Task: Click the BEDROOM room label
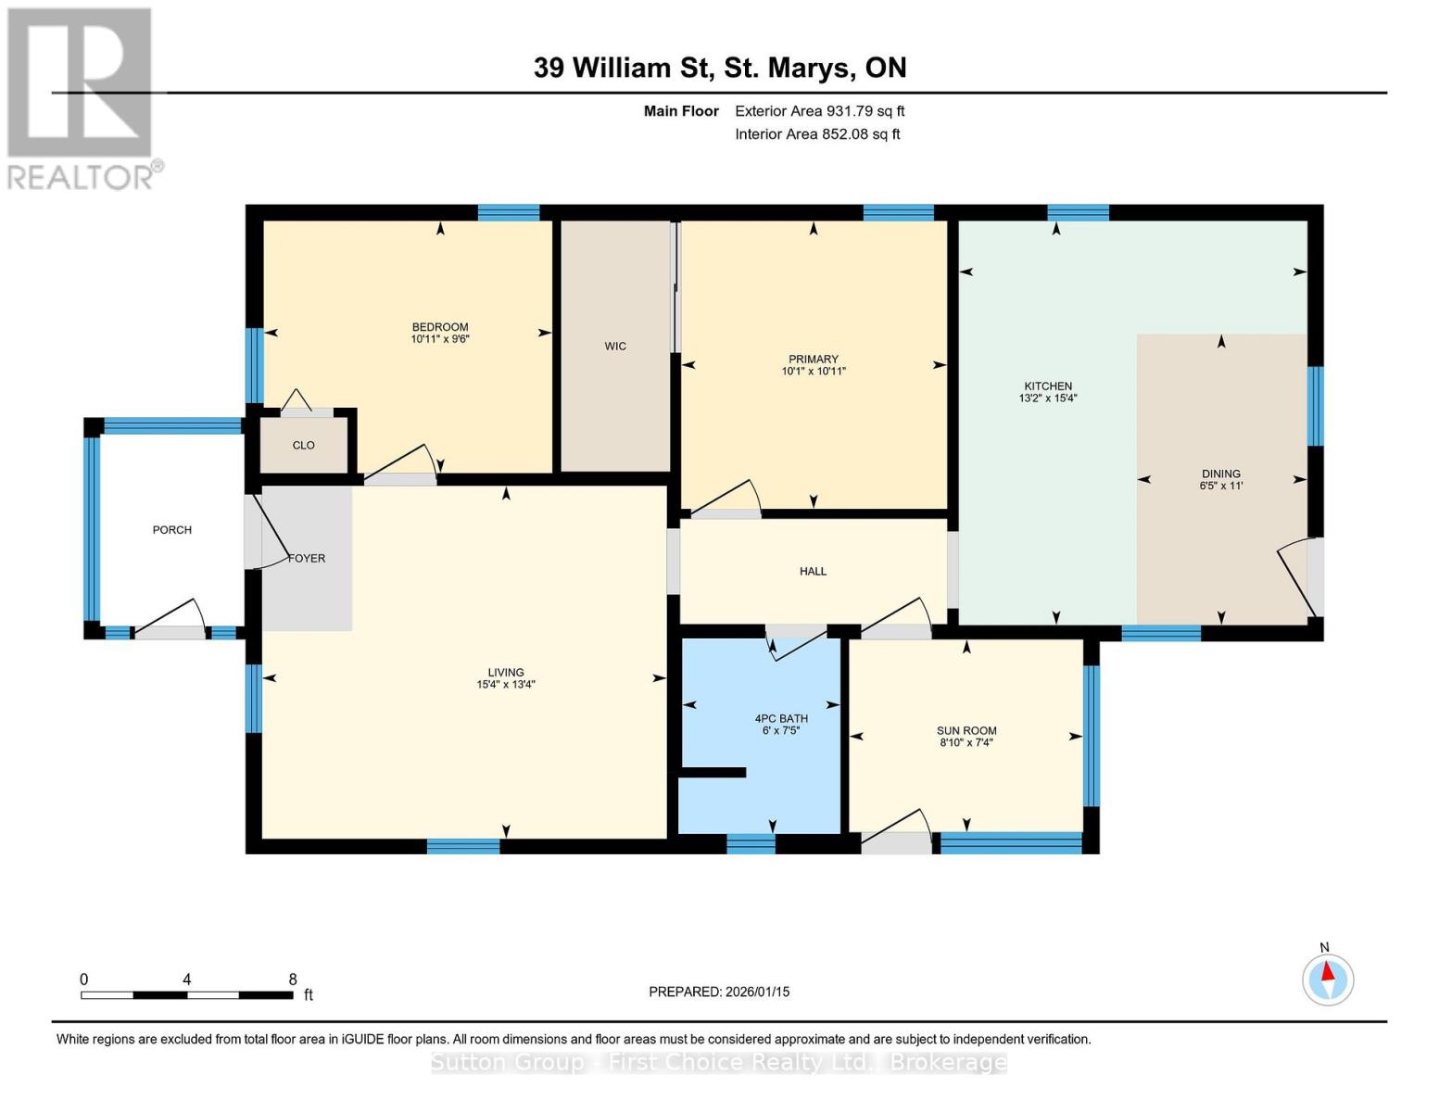440,327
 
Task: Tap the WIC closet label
615,346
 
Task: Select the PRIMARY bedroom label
813,360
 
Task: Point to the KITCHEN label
1047,386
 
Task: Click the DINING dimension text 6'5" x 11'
1220,486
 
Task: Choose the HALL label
813,572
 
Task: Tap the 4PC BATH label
781,718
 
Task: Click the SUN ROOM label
966,730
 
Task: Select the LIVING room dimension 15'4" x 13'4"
506,685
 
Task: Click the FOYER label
307,559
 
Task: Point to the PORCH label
172,530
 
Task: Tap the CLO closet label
304,446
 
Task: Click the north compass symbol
1328,979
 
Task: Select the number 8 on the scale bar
293,979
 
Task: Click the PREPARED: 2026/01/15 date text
719,992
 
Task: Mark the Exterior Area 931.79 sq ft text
819,111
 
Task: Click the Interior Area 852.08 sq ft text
817,134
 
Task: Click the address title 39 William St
720,68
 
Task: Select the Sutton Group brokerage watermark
719,1062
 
